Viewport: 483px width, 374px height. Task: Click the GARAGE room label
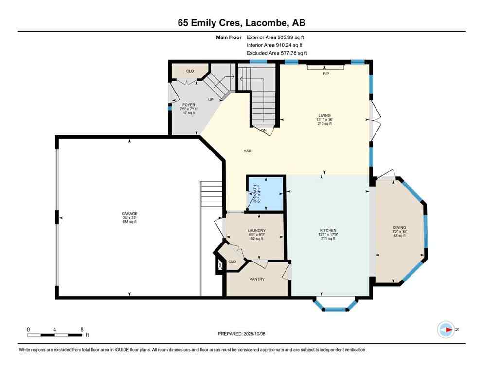pyautogui.click(x=129, y=213)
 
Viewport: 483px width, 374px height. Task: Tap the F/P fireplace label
pyautogui.click(x=326, y=73)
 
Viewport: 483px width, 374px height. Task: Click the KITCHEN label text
pyautogui.click(x=328, y=230)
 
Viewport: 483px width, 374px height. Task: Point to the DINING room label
pyautogui.click(x=399, y=227)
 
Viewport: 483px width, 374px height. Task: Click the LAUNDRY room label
pyautogui.click(x=256, y=230)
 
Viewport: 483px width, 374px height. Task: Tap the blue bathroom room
pyautogui.click(x=266, y=194)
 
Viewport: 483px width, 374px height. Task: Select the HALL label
pyautogui.click(x=248, y=151)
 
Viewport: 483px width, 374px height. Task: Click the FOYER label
pyautogui.click(x=189, y=105)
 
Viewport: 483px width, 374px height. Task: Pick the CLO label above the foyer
pyautogui.click(x=190, y=71)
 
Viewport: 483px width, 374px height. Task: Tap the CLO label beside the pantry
pyautogui.click(x=232, y=262)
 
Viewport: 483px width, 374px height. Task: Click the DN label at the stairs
pyautogui.click(x=263, y=131)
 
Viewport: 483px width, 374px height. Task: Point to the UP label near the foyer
pyautogui.click(x=211, y=99)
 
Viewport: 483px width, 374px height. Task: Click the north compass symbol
pyautogui.click(x=446, y=329)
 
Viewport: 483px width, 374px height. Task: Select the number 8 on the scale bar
pyautogui.click(x=81, y=329)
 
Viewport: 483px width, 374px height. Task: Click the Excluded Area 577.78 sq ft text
pyautogui.click(x=277, y=53)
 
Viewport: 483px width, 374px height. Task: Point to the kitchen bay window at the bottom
pyautogui.click(x=335, y=304)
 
